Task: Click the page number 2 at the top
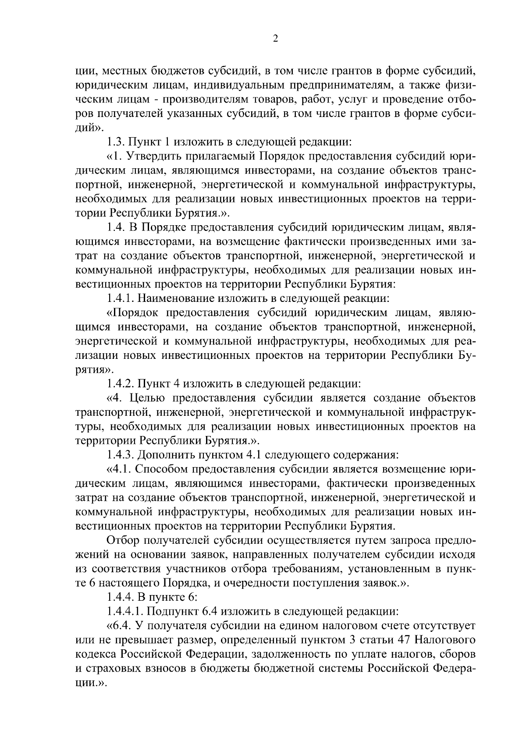(x=275, y=39)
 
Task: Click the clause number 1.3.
(x=116, y=142)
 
